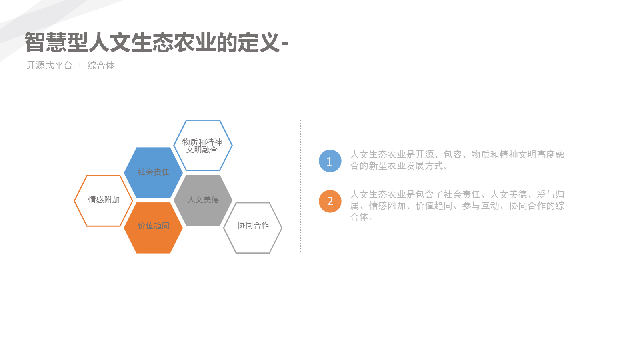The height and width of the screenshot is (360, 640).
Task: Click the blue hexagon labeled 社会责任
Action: (154, 173)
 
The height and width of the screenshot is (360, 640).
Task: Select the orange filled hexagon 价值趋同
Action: (154, 228)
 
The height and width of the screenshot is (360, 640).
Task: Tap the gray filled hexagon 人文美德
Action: (203, 200)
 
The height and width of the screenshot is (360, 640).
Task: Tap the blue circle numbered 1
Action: (330, 161)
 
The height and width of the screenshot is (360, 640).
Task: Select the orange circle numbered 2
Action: (330, 201)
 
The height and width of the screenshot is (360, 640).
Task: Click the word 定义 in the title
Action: (258, 42)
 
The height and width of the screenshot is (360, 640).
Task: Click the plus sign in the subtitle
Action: (80, 66)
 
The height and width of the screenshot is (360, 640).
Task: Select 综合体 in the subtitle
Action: (101, 66)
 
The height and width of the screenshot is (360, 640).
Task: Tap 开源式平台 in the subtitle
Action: (50, 66)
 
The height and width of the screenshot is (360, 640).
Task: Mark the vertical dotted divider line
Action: (301, 186)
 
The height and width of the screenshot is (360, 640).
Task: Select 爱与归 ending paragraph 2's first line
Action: (550, 194)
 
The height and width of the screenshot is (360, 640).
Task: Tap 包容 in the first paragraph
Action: (452, 154)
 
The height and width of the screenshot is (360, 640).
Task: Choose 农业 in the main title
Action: (194, 42)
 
